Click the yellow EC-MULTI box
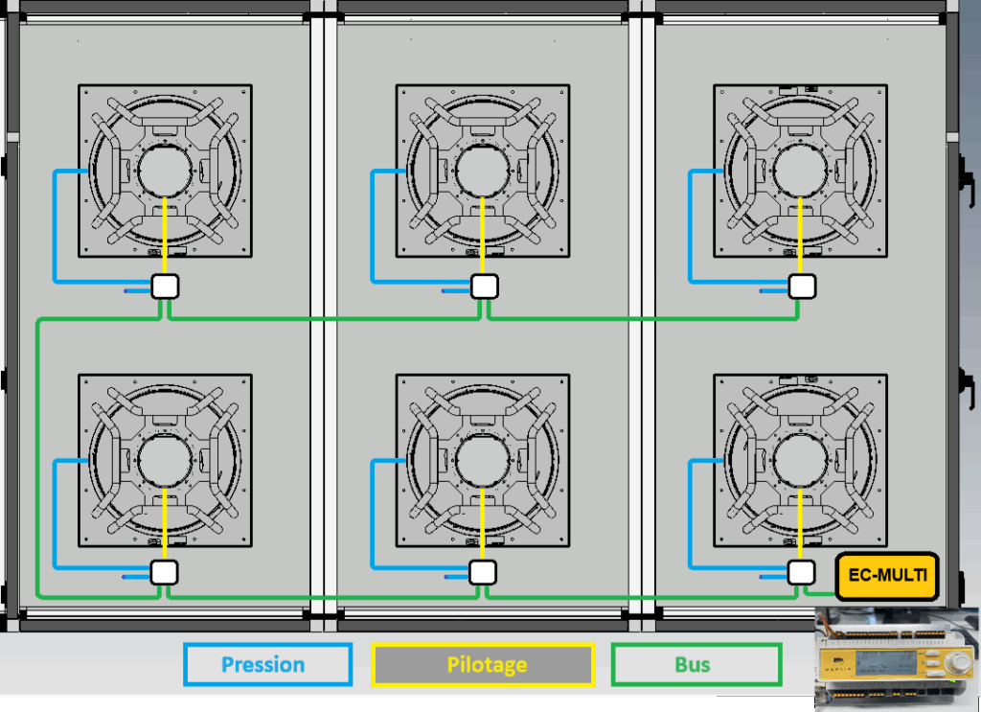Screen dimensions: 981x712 pyautogui.click(x=887, y=576)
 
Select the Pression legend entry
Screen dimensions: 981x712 pyautogui.click(x=268, y=664)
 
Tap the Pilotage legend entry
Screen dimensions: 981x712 pyautogui.click(x=483, y=664)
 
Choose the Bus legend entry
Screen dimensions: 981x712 pyautogui.click(x=696, y=664)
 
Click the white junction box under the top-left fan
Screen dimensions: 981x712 pyautogui.click(x=165, y=287)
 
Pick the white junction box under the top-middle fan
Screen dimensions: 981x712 pyautogui.click(x=484, y=287)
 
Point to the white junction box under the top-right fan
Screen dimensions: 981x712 pyautogui.click(x=802, y=287)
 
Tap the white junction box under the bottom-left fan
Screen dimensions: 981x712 pyautogui.click(x=165, y=572)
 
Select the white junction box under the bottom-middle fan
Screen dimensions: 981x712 pyautogui.click(x=483, y=572)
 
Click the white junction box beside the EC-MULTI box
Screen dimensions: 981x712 pyautogui.click(x=801, y=572)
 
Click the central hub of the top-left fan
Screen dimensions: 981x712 pyautogui.click(x=165, y=171)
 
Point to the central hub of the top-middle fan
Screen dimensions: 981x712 pyautogui.click(x=483, y=171)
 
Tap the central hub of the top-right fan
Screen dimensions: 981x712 pyautogui.click(x=801, y=171)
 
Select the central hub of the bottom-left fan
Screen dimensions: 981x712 pyautogui.click(x=165, y=461)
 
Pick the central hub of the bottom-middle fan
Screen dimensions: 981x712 pyautogui.click(x=483, y=461)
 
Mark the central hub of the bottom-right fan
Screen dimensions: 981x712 pyautogui.click(x=801, y=461)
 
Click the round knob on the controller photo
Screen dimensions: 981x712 pyautogui.click(x=957, y=663)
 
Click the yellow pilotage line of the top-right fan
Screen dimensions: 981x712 pyautogui.click(x=801, y=237)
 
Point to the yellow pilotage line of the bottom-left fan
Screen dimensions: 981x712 pyautogui.click(x=165, y=524)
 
